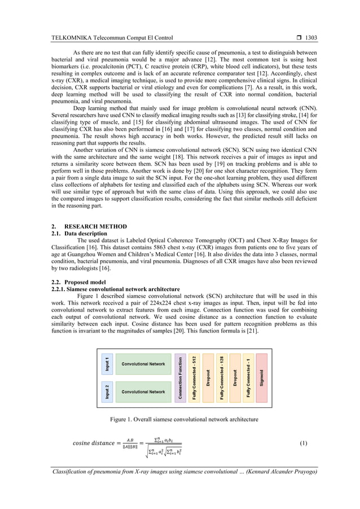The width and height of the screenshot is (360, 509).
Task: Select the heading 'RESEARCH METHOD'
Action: click(99, 227)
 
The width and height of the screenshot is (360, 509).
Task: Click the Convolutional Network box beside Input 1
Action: click(143, 364)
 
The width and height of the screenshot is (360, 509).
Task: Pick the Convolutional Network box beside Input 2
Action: click(143, 391)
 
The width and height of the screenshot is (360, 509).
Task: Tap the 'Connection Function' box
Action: click(180, 378)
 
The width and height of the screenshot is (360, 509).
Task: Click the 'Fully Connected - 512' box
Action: click(194, 378)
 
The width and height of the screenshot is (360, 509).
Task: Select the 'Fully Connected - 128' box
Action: click(222, 378)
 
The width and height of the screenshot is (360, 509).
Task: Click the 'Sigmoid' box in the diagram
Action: click(262, 378)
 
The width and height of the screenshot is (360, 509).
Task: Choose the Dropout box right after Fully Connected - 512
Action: click(208, 378)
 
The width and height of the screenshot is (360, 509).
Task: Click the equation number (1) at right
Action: click(303, 443)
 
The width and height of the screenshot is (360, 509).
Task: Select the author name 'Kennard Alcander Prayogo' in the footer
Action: click(278, 472)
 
